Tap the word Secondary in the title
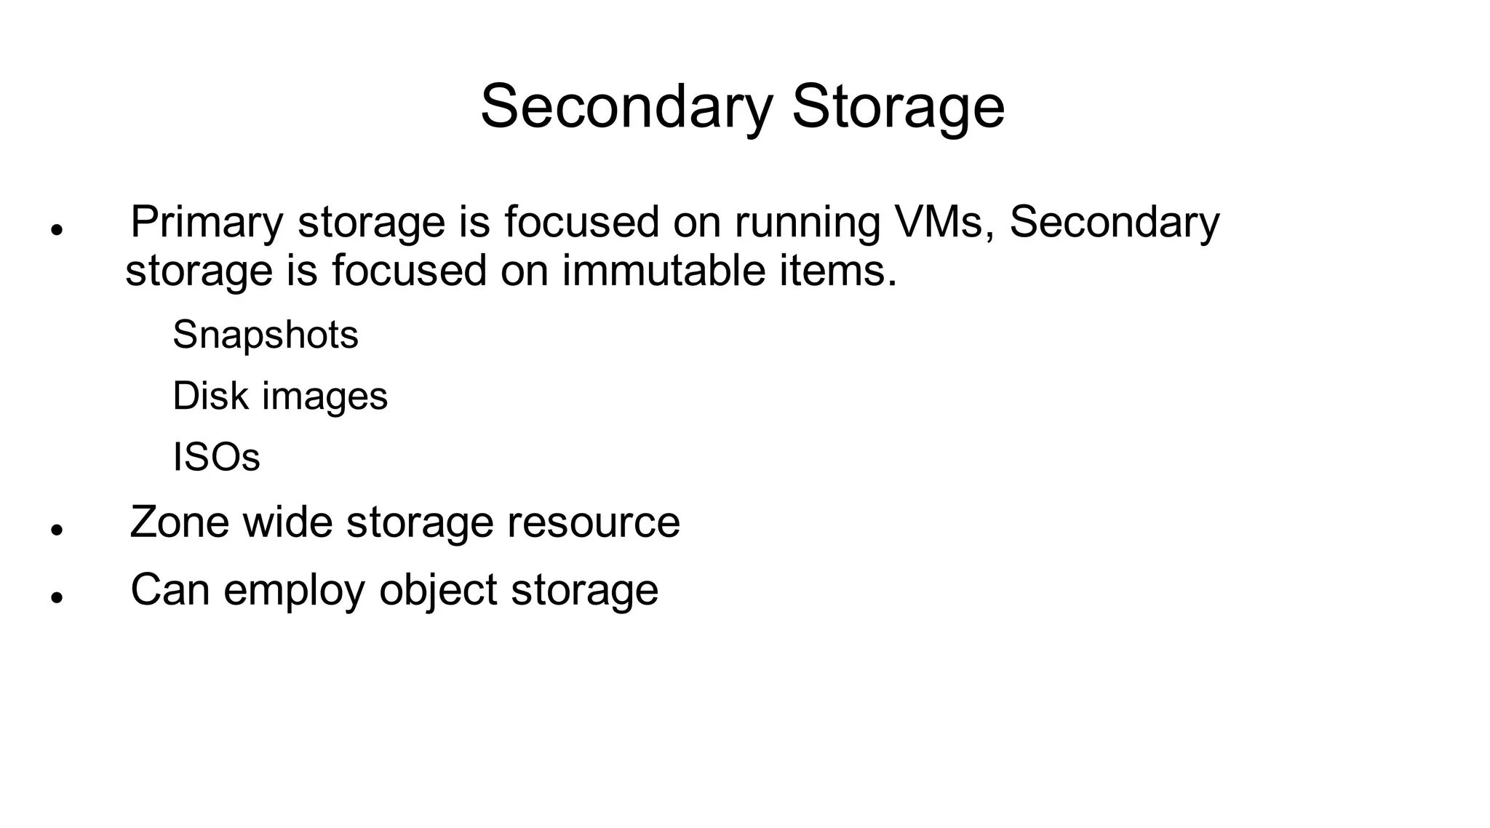[x=626, y=107]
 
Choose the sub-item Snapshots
[x=266, y=335]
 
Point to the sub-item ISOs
[x=216, y=457]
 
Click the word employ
[x=294, y=590]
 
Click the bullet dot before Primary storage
[x=57, y=229]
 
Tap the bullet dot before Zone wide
[x=57, y=530]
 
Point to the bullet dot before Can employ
[x=57, y=597]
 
